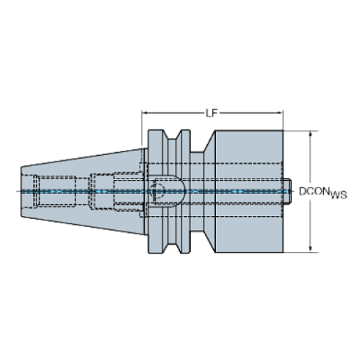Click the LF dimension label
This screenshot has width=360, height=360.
coord(212,112)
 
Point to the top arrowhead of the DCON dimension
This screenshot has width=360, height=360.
coord(312,135)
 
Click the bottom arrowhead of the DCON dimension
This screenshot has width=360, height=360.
coord(312,249)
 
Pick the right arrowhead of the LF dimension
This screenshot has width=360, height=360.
coord(281,112)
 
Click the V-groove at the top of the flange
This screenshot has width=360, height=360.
coord(176,137)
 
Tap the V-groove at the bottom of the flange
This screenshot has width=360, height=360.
coord(176,247)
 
